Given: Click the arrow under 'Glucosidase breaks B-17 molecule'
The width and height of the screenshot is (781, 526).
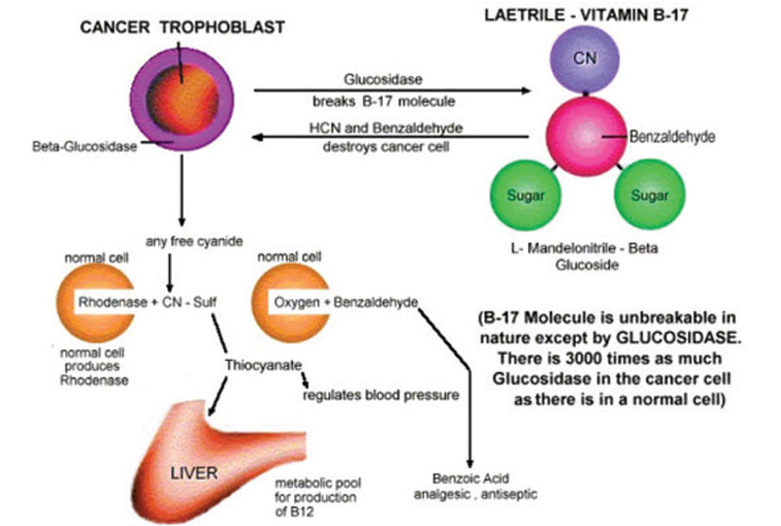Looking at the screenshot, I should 390,91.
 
